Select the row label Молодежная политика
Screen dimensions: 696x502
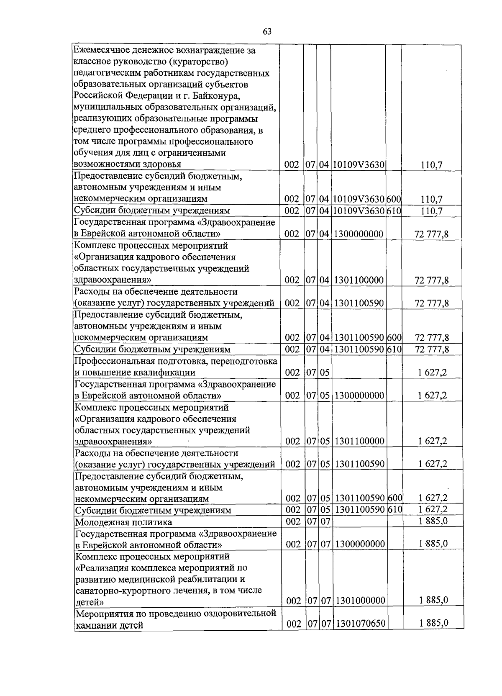pos(123,522)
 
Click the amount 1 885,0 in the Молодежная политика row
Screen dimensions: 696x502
pos(433,521)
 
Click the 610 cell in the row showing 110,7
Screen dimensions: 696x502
pos(393,211)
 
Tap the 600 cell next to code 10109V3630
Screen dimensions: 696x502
pos(393,200)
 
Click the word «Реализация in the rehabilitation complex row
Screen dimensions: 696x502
pos(102,568)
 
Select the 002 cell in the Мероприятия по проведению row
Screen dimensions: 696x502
pos(294,624)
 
